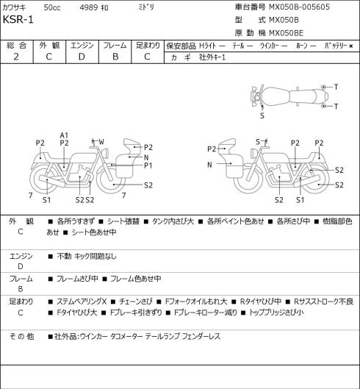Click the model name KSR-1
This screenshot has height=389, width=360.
pos(18,20)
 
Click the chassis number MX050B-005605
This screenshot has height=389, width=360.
pos(299,7)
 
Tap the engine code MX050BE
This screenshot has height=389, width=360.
pos(286,33)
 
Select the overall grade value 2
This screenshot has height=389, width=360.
pos(16,57)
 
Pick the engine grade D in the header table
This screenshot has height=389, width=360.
pos(82,57)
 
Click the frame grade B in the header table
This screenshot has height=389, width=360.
pos(115,57)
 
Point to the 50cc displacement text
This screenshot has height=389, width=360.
pos(52,7)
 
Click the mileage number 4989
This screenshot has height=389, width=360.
pos(89,7)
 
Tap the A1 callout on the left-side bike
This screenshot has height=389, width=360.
pos(64,135)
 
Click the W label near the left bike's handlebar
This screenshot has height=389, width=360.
pos(101,142)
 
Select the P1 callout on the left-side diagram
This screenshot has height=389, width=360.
pos(148,165)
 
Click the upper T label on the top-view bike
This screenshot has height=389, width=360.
pos(336,87)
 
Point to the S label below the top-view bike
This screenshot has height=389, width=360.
pos(262,115)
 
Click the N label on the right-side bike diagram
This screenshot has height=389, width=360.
pos(209,165)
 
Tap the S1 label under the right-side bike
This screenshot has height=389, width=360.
pos(300,200)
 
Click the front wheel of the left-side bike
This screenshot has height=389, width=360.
pos(111,179)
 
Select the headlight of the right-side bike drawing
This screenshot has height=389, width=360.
pos(253,152)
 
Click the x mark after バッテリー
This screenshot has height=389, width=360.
pos(351,46)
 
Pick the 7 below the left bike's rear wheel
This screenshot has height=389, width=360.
pos(31,196)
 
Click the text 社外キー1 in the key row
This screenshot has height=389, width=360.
pos(212,57)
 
